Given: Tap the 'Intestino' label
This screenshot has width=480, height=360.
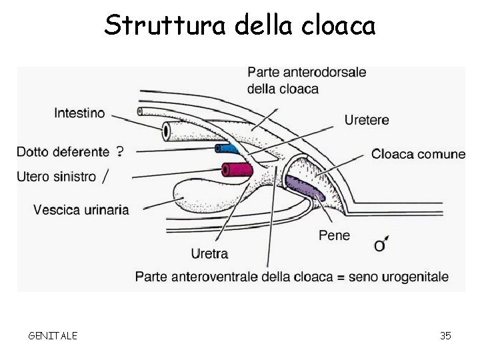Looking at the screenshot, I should [79, 113].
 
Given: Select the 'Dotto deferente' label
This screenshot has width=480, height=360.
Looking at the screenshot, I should [63, 152].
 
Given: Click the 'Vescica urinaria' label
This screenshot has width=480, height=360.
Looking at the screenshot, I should [81, 210].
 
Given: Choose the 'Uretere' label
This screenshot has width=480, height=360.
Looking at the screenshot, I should [367, 120].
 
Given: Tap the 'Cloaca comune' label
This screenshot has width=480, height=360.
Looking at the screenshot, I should [418, 155].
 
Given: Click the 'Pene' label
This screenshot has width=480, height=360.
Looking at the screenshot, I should [334, 235].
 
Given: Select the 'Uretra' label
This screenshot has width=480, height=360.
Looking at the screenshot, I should [209, 253].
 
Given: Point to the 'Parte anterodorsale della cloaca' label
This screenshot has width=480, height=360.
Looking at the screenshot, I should [306, 80].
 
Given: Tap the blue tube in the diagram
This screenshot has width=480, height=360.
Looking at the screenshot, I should [226, 149].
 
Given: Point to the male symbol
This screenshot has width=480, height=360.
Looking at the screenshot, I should [381, 245].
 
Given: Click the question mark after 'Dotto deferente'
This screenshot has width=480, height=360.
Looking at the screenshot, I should [119, 151].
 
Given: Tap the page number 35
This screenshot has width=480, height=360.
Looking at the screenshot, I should [445, 335].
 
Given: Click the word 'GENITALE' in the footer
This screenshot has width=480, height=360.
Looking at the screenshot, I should [53, 335].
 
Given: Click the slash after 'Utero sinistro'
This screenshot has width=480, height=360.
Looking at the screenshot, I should [105, 176].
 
